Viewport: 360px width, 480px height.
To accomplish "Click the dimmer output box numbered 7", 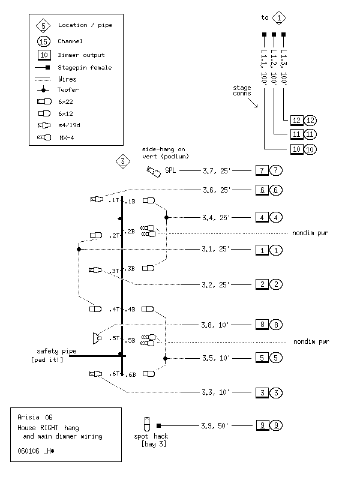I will click(x=262, y=170).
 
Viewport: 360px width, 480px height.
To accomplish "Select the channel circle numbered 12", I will click(x=310, y=120).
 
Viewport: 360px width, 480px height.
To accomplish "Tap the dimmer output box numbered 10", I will click(x=296, y=149).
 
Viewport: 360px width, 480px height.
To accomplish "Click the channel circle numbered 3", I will click(x=276, y=392).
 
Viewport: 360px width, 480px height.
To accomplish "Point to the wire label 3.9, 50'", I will click(x=216, y=425).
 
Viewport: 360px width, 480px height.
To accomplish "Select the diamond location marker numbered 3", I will click(x=122, y=161).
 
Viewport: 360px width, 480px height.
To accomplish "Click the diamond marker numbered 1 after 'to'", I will click(x=280, y=17).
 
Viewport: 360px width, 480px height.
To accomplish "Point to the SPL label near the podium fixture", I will click(x=171, y=171).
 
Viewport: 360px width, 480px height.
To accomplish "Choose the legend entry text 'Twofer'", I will click(x=68, y=90).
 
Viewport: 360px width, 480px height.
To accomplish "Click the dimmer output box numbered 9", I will click(x=262, y=425).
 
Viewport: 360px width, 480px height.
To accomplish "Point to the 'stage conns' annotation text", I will click(x=242, y=91).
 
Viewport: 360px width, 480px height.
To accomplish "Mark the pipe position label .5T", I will click(x=115, y=338).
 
